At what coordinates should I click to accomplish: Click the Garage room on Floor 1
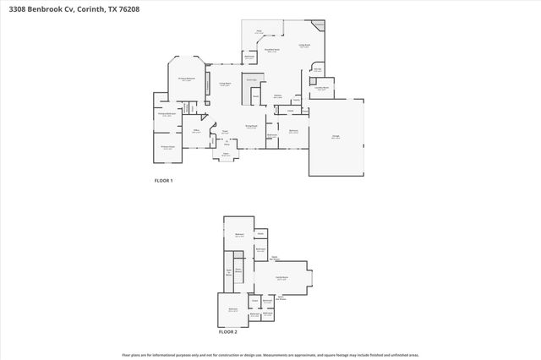[336, 138]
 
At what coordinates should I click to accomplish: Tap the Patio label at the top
[259, 31]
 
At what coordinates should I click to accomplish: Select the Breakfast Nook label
[272, 49]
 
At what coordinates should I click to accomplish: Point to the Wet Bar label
[317, 70]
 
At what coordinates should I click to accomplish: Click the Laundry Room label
[322, 88]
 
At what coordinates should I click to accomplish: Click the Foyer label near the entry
[225, 131]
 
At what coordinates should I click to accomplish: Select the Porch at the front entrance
[226, 155]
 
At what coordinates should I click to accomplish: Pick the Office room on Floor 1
[196, 131]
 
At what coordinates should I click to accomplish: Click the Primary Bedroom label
[186, 79]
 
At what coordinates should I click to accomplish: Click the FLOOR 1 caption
[162, 181]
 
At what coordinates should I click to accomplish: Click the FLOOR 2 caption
[228, 332]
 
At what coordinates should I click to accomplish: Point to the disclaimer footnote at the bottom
[270, 355]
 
